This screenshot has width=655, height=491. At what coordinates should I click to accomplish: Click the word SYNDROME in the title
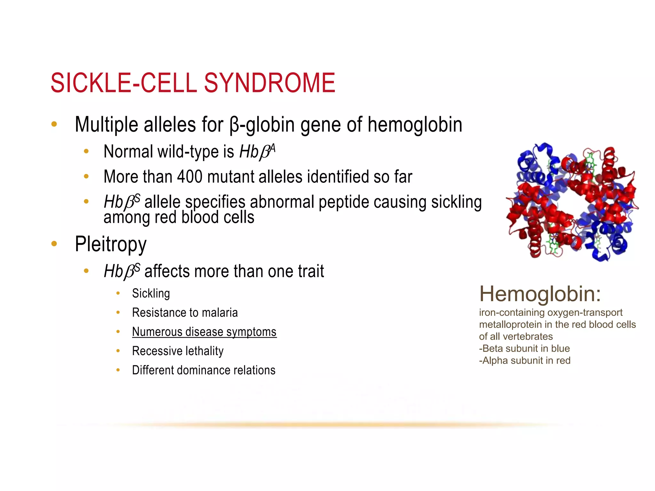(x=269, y=83)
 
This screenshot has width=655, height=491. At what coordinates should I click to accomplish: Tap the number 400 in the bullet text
(x=190, y=177)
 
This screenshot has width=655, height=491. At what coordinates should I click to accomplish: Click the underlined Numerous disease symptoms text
(x=204, y=332)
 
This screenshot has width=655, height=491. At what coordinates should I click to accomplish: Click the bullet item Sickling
(x=151, y=293)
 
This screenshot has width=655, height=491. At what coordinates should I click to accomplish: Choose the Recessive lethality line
(x=178, y=351)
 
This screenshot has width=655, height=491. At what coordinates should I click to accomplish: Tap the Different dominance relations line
(x=203, y=370)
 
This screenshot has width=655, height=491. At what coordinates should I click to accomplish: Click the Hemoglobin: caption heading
(x=540, y=294)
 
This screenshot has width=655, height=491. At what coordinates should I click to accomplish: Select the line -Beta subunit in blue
(x=524, y=348)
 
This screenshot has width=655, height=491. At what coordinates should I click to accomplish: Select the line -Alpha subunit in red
(x=525, y=361)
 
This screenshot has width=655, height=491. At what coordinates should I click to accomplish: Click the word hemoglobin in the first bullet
(x=415, y=125)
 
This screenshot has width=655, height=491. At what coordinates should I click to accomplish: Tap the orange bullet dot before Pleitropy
(x=54, y=244)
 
